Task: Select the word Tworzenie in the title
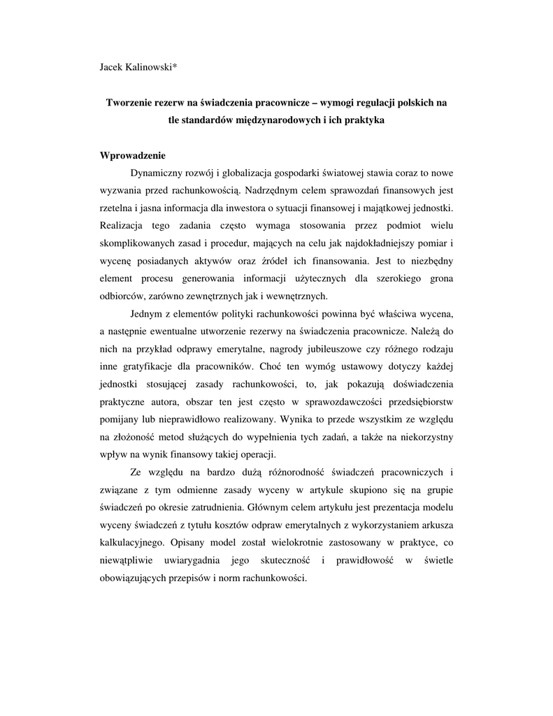coord(129,103)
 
